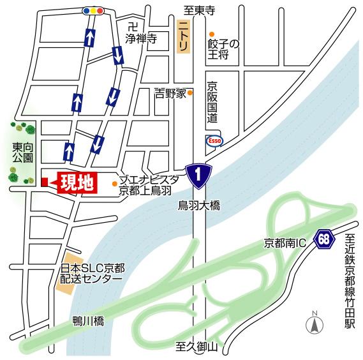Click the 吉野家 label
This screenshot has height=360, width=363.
[x=170, y=93]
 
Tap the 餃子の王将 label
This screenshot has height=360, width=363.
[x=223, y=49]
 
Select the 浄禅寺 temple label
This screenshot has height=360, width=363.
[x=141, y=38]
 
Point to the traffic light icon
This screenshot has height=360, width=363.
[x=93, y=11]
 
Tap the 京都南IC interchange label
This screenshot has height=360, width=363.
[x=285, y=243]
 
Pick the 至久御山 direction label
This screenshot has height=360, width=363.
[x=198, y=347]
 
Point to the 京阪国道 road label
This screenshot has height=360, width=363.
[x=212, y=103]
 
